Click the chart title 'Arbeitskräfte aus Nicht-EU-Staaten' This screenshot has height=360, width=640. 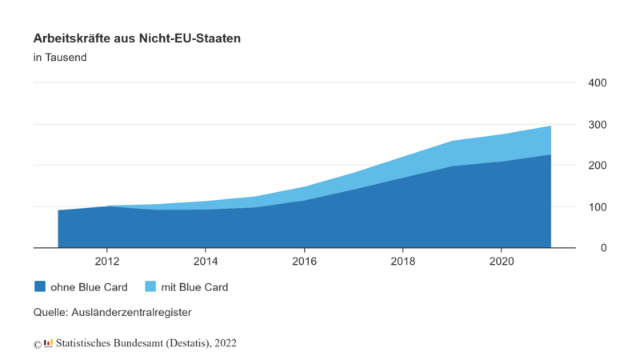pos(138,38)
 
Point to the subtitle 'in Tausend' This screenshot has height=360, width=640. pos(60,58)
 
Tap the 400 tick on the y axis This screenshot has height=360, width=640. pos(598,83)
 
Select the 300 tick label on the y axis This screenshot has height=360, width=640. pos(598,125)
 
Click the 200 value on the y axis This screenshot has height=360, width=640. pos(598,166)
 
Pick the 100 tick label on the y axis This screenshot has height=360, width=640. pos(598,207)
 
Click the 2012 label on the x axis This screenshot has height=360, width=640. pos(107,261)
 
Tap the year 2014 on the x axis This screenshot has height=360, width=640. pos(206,261)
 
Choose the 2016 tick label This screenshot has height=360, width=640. pos(304,261)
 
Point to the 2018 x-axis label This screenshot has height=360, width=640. pos(402,261)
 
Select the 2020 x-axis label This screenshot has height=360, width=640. pos(501,261)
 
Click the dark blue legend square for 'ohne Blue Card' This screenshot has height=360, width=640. pos(39,286)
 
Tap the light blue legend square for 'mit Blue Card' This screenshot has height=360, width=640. pos(149,286)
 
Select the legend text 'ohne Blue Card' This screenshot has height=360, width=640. pos(89,286)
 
